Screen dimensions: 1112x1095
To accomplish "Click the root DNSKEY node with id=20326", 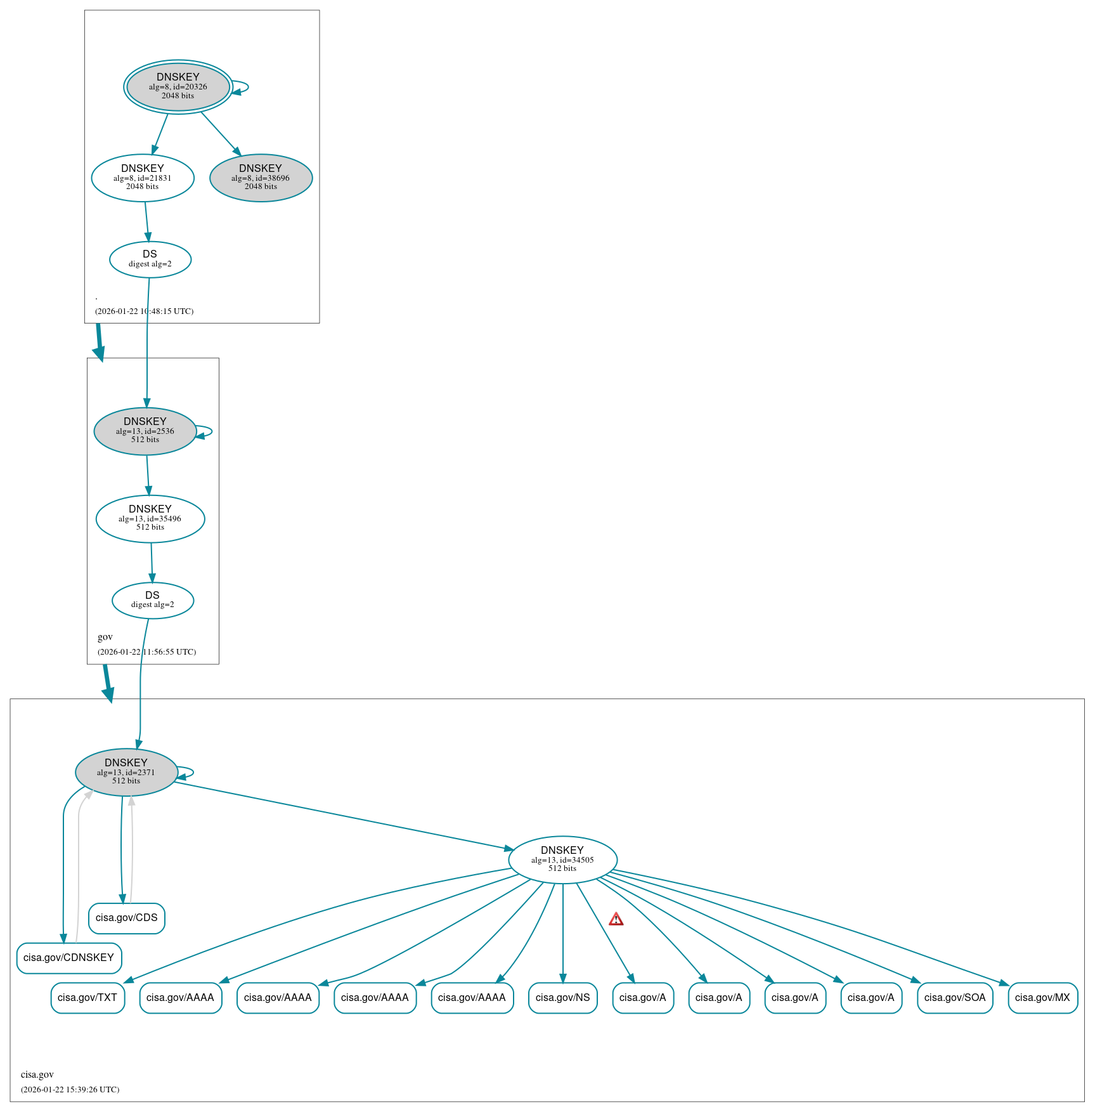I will point(178,87).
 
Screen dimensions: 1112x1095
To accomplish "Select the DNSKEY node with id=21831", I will point(143,178).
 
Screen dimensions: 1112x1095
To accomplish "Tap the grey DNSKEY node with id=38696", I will point(261,178).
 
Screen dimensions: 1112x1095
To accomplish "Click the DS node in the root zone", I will point(150,259).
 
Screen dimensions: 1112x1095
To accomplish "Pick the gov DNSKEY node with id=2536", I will point(145,431).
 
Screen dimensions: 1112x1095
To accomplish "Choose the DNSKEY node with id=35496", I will point(150,519).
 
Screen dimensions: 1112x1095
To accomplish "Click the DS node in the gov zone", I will point(153,600).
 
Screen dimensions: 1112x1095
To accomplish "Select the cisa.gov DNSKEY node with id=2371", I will point(126,773).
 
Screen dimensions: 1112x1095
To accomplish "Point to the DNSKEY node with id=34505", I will point(562,860).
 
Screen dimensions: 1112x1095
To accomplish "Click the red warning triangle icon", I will point(616,919).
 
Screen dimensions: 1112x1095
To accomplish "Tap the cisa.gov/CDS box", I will point(127,919).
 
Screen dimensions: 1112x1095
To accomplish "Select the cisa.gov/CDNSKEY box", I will point(69,958).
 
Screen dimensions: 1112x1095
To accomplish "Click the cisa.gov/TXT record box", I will point(87,998).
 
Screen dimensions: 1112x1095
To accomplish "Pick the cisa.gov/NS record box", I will point(562,998).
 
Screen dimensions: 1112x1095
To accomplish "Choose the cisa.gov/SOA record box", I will point(954,998).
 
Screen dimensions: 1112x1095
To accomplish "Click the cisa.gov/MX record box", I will point(1042,998).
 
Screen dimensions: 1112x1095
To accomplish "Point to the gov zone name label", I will point(105,637).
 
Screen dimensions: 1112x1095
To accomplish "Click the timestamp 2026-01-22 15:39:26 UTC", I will point(70,1090).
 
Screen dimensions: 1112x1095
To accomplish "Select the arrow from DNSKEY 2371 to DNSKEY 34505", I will point(342,815).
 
